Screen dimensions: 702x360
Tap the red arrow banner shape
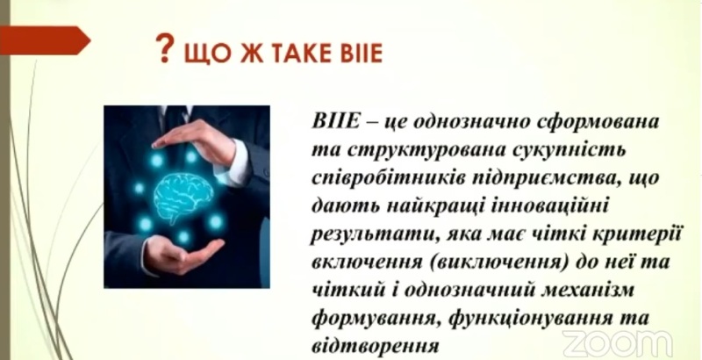[x=45, y=40]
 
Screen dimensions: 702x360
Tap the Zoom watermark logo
[x=618, y=344]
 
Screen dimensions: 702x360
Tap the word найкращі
[x=432, y=206]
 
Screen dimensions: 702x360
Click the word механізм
[x=588, y=291]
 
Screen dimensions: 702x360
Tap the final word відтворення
[x=374, y=346]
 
